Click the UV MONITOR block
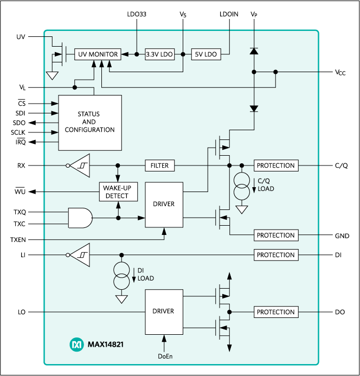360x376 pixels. click(x=98, y=54)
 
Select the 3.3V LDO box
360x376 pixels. click(x=160, y=54)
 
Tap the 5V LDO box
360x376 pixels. click(x=206, y=54)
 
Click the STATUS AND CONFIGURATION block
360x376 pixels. click(x=90, y=123)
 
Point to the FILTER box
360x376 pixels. click(x=160, y=165)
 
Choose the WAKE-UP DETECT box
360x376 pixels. click(x=118, y=192)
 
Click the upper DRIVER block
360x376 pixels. click(x=164, y=204)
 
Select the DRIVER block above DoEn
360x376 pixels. click(x=164, y=311)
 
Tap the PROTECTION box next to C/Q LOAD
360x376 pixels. click(x=276, y=165)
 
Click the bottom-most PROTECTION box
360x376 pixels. click(x=276, y=312)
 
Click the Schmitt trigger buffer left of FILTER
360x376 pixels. click(x=79, y=165)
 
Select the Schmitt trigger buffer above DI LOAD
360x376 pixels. click(x=79, y=254)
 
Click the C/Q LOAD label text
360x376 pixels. click(x=266, y=185)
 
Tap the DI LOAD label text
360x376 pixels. click(x=146, y=275)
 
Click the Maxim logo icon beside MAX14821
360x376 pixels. click(x=76, y=344)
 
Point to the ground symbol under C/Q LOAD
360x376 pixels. click(x=242, y=209)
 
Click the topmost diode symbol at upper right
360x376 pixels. click(x=253, y=50)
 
